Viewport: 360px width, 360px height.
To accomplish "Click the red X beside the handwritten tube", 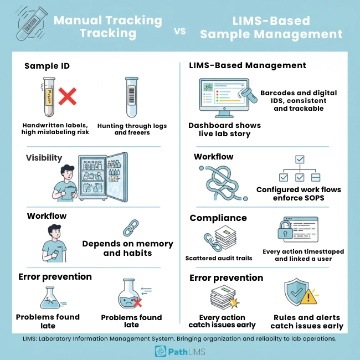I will [67, 98].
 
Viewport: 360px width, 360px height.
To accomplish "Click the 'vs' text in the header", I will [180, 31].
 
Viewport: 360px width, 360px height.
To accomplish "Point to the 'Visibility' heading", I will [44, 158].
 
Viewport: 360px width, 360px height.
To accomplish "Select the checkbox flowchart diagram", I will [299, 169].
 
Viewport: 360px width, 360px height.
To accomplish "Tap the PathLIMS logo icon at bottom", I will [160, 352].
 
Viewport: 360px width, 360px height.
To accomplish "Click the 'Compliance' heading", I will [218, 218].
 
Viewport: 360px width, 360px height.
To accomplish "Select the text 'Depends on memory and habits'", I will [128, 248].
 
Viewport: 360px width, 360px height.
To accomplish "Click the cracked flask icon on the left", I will [47, 297].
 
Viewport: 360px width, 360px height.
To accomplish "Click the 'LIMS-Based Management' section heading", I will [248, 65].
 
